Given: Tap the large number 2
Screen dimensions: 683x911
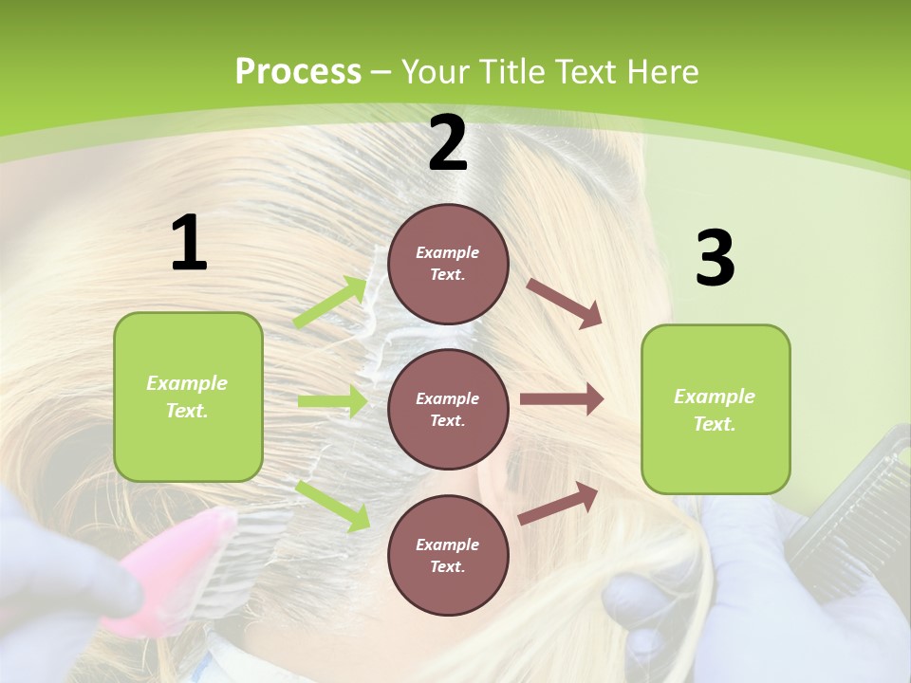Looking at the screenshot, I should (x=448, y=144).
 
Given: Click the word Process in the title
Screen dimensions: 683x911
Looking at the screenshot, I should (x=298, y=71).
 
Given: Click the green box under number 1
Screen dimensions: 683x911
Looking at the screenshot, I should (x=188, y=397).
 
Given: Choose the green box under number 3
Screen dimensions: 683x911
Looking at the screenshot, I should (x=716, y=410).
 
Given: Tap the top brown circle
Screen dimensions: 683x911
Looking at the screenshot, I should (x=448, y=264).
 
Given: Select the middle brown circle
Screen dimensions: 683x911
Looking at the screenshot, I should (x=448, y=409).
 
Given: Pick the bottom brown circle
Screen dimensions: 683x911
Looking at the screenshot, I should (x=448, y=555).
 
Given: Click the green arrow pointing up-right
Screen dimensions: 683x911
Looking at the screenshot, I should (x=331, y=303).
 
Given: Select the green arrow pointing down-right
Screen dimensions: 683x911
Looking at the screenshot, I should (x=333, y=505).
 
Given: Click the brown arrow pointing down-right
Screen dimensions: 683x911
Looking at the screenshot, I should (x=565, y=303).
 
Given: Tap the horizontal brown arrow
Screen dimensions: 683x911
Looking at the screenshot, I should (x=562, y=399).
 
